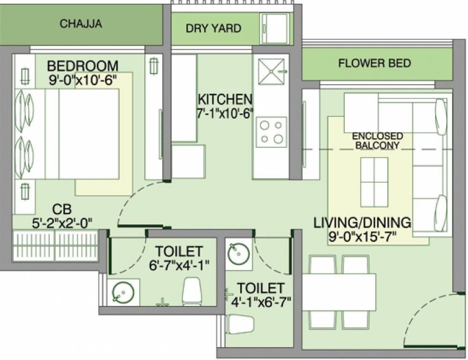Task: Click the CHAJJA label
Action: (x=81, y=23)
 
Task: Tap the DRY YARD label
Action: (x=214, y=28)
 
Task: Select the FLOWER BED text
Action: (x=374, y=63)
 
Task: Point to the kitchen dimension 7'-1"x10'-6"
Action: (x=225, y=113)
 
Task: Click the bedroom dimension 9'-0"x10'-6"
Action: (x=82, y=79)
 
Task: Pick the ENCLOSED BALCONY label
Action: (x=377, y=141)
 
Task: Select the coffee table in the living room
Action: (x=374, y=182)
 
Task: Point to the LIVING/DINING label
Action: (x=362, y=222)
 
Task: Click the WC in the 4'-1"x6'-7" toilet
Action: (x=240, y=324)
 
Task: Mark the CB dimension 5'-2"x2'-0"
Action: (x=62, y=224)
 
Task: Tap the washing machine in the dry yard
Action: (x=275, y=29)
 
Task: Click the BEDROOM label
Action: (x=82, y=65)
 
